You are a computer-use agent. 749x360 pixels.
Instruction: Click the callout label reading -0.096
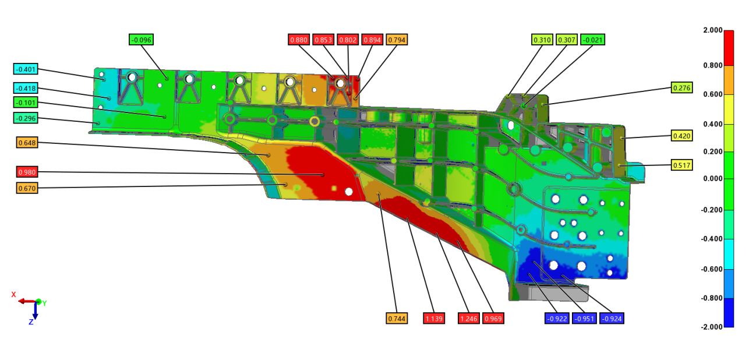[x=141, y=40]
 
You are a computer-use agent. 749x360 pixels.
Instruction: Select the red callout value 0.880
[x=299, y=40]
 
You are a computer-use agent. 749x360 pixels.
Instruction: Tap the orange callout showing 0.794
[x=397, y=40]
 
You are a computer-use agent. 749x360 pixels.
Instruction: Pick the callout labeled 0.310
[x=542, y=40]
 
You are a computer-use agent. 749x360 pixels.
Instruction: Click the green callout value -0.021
[x=592, y=40]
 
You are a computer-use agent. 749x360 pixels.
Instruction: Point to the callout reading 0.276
[x=681, y=87]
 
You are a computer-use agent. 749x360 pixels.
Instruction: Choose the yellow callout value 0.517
[x=681, y=165]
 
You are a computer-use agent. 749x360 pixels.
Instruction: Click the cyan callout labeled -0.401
[x=26, y=69]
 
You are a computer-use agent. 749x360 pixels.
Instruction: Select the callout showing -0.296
[x=26, y=118]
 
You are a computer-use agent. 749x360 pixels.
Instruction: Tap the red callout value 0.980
[x=27, y=172]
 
